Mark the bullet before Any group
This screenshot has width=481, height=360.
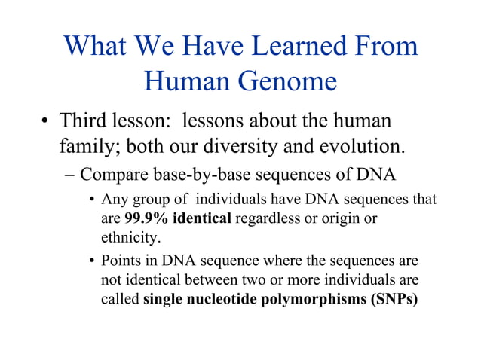tap(91, 201)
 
